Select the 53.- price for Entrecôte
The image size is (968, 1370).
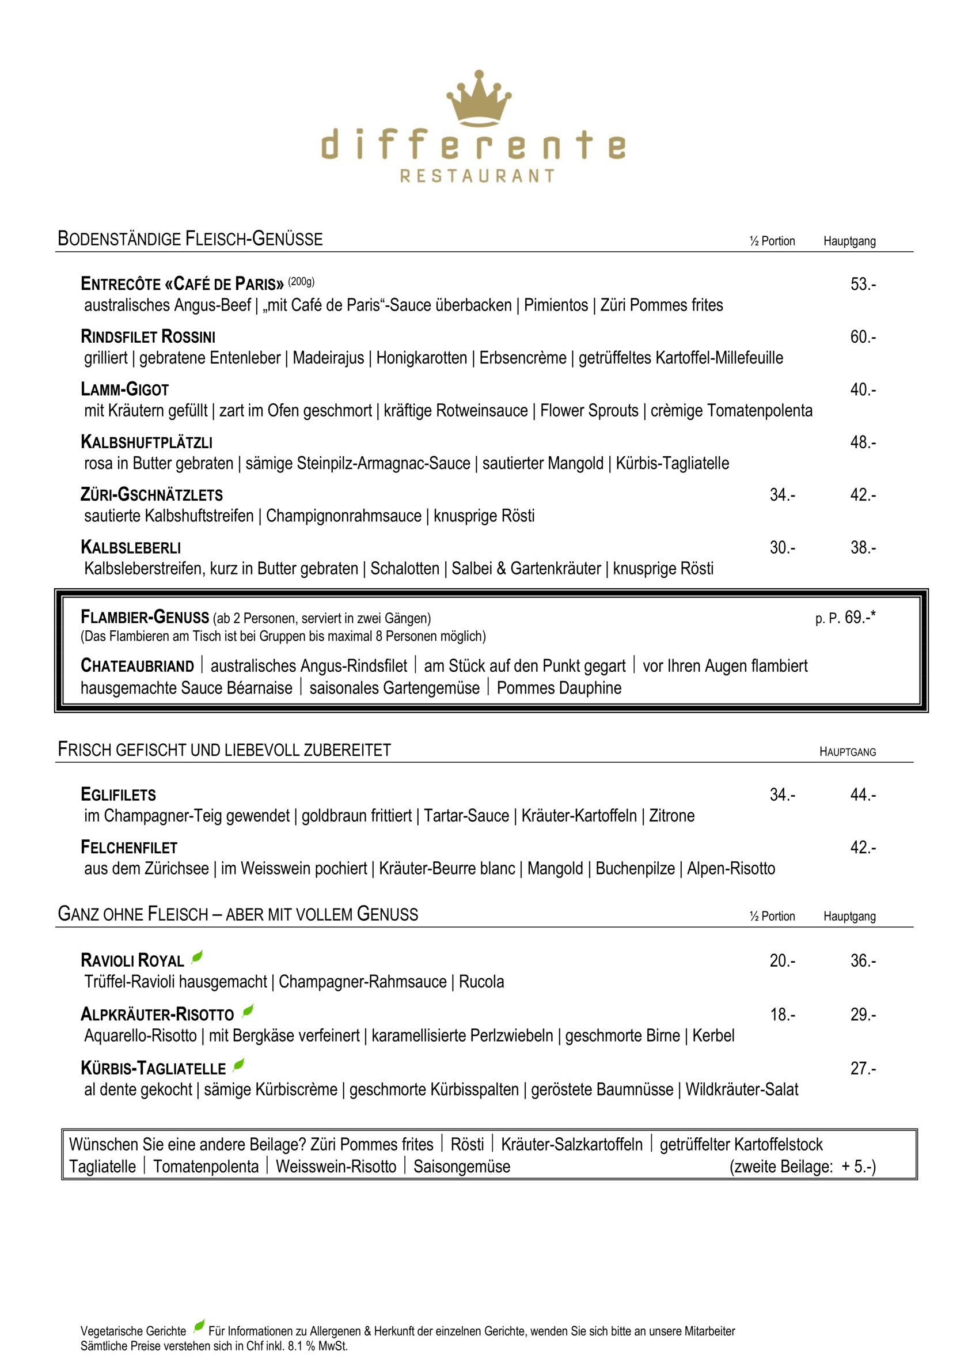pos(863,284)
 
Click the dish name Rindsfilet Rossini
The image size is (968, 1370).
pos(148,337)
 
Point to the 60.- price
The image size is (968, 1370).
pos(863,337)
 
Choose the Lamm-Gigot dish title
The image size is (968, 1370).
pos(124,389)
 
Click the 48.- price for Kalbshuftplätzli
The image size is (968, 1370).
pos(863,442)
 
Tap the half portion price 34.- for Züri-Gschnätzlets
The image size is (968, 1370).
pos(782,495)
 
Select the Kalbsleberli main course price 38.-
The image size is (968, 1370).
pos(863,547)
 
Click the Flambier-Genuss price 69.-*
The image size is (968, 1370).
pos(859,617)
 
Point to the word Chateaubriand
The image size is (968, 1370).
pos(137,665)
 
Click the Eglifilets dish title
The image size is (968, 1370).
pos(118,795)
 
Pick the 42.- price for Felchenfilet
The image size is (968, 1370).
pos(863,847)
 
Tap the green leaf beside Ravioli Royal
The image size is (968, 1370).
pos(197,958)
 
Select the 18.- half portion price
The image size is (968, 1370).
pos(782,1015)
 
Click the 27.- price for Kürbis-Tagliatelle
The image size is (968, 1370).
pos(863,1068)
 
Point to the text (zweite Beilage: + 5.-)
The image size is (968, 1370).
pos(802,1167)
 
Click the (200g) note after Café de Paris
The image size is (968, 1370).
pos(301,282)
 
